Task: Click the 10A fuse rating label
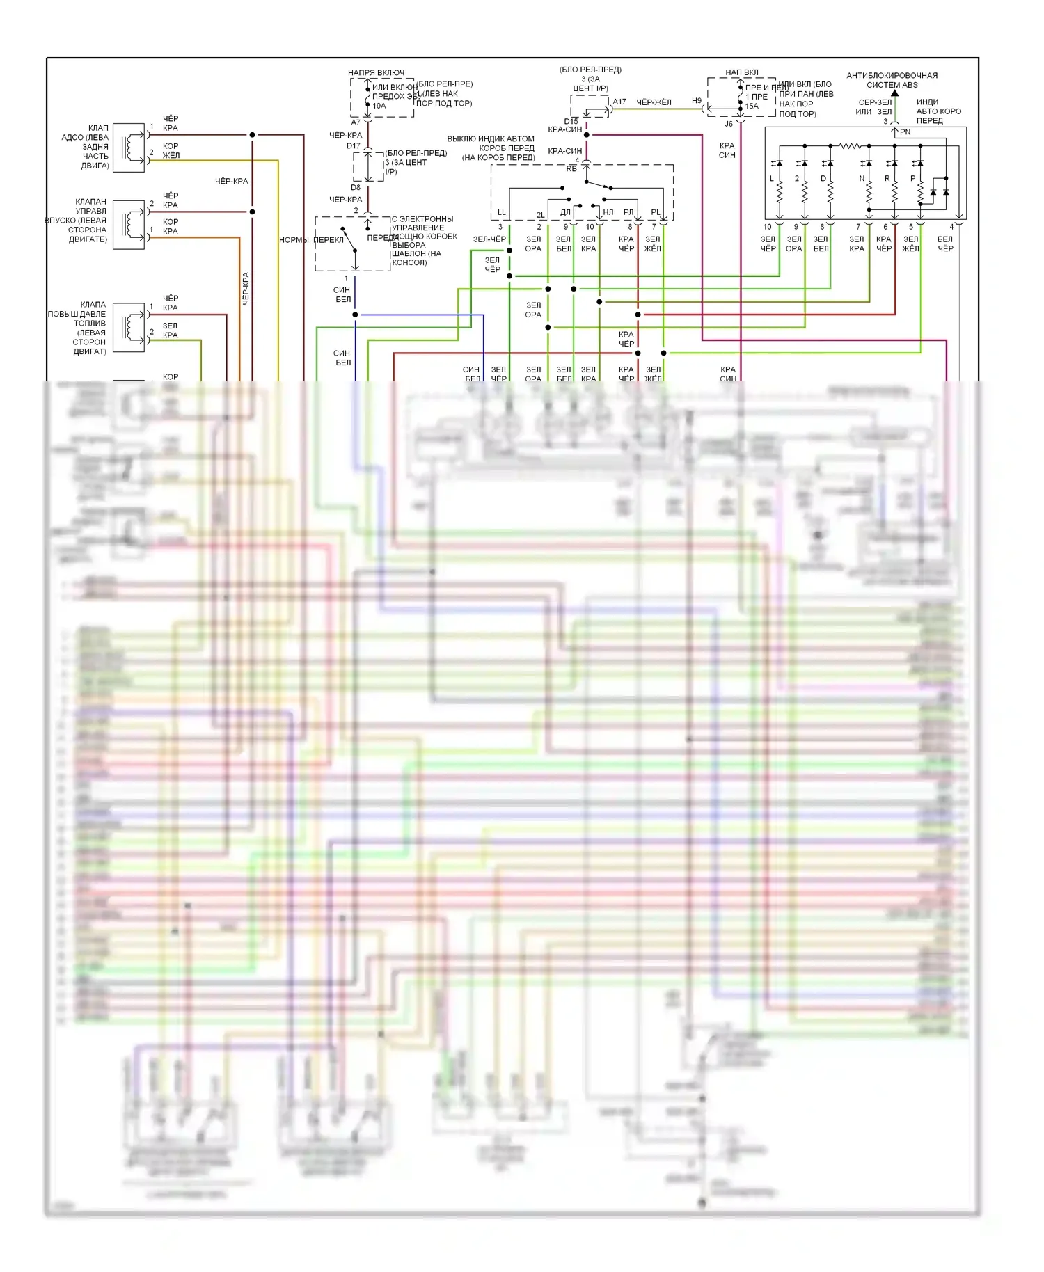(x=379, y=106)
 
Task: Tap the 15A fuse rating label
(x=752, y=106)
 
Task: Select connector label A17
(x=619, y=102)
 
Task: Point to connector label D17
(x=354, y=146)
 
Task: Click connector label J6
(x=728, y=124)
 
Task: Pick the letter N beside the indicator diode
(x=862, y=179)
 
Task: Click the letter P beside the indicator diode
(x=912, y=179)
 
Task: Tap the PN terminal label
(x=905, y=132)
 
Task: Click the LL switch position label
(x=501, y=212)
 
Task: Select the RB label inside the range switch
(x=571, y=169)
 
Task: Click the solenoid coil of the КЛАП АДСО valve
(x=129, y=148)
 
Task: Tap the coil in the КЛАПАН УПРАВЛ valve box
(x=129, y=225)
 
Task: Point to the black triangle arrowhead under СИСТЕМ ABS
(x=894, y=93)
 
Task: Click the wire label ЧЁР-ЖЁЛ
(x=654, y=102)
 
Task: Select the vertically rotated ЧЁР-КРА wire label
(x=245, y=288)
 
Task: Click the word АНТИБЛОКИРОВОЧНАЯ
(x=892, y=75)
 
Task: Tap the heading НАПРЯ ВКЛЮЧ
(x=376, y=72)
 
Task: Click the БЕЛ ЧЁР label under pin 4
(x=944, y=244)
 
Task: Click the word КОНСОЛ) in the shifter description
(x=409, y=262)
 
